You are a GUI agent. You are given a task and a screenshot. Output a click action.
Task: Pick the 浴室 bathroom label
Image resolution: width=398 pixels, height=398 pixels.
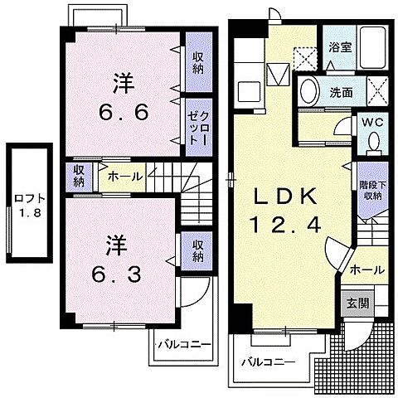coord(338,48)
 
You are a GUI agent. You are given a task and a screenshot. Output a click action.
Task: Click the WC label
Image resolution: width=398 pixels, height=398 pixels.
coord(371,123)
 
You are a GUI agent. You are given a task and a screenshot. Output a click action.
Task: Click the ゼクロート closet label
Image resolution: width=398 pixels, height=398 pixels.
coord(197,127)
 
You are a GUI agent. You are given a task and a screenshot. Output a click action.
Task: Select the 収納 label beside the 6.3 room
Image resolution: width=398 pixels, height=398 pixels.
coord(199,249)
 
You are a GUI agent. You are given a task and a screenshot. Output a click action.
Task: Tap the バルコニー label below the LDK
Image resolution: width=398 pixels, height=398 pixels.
coord(269,363)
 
